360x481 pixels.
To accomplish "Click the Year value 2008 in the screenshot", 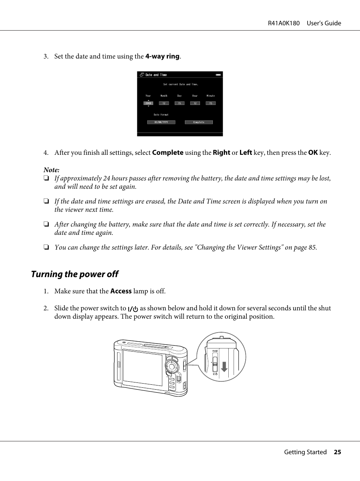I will (x=148, y=103).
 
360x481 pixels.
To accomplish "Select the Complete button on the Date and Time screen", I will (x=199, y=122).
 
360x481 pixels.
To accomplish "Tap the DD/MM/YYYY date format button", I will (x=161, y=122).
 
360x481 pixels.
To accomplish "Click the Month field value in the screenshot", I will (x=164, y=103).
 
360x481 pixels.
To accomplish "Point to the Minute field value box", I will (x=211, y=103).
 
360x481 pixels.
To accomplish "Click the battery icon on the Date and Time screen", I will (x=218, y=75).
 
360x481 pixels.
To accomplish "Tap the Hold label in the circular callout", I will (x=215, y=351).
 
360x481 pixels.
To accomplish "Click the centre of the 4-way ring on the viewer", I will (x=172, y=366).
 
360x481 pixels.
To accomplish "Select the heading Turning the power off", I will (x=75, y=274).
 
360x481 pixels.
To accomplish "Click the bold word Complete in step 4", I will (x=168, y=153).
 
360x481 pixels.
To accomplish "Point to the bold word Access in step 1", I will (x=121, y=291).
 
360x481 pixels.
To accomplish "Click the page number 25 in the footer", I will (x=337, y=452).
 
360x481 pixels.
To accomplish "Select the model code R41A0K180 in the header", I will (x=284, y=23).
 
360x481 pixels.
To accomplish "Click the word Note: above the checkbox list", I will (x=51, y=170).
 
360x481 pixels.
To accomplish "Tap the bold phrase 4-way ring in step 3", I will (x=162, y=56).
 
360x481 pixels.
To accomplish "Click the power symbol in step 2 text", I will (x=133, y=308).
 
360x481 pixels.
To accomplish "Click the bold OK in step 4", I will (x=313, y=153).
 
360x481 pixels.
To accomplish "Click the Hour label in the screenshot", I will (x=195, y=96).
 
